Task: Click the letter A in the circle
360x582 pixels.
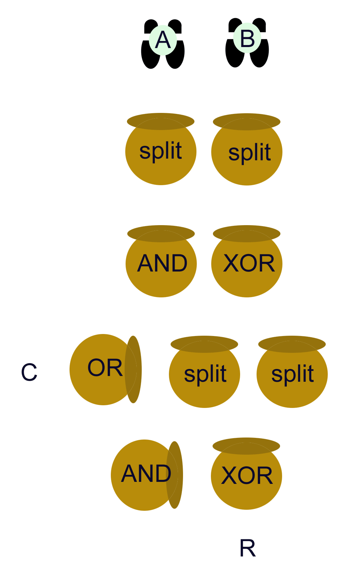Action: point(163,40)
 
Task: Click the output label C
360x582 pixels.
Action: point(29,372)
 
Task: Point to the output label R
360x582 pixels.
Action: point(248,548)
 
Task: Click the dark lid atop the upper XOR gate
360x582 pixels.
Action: point(247,233)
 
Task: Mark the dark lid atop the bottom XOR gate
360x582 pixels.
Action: point(246,445)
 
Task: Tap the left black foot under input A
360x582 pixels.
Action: point(150,55)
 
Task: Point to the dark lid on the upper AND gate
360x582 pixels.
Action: point(161,233)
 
